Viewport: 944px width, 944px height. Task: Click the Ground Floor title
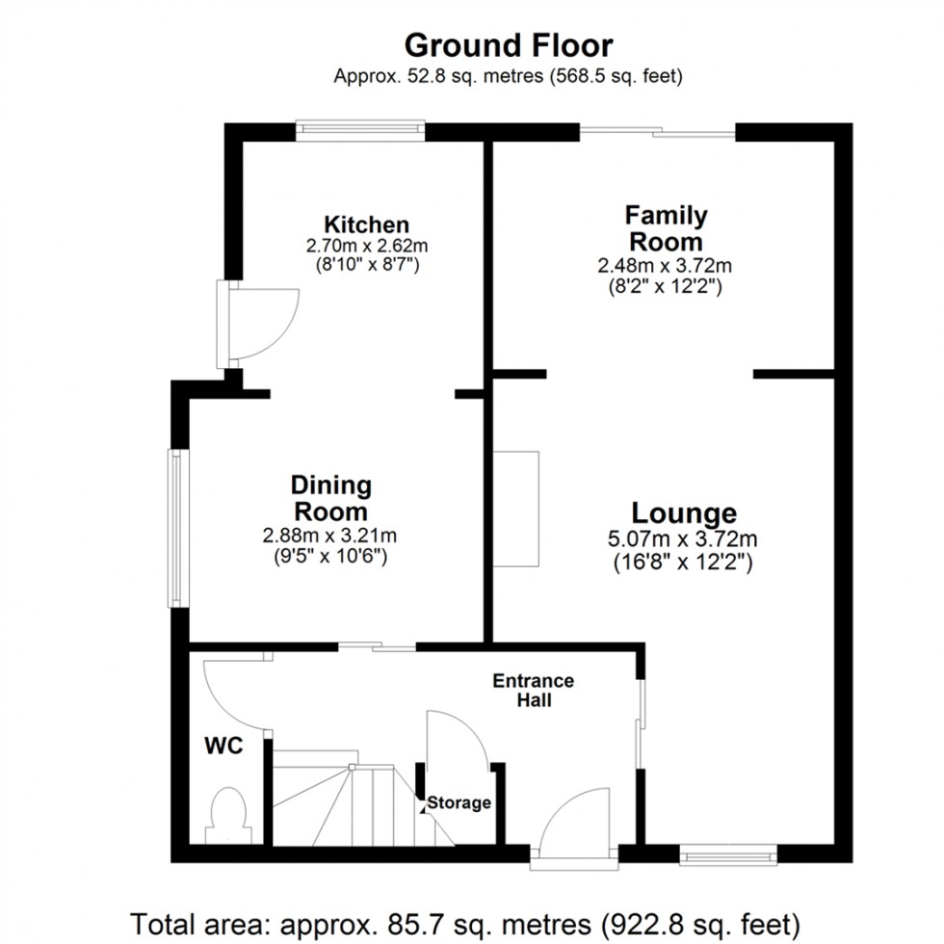(x=508, y=45)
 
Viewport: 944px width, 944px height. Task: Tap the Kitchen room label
(x=366, y=224)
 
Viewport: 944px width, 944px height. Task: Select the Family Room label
(x=665, y=228)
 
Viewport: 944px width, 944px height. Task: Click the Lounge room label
(x=684, y=513)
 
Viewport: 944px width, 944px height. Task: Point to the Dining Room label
(x=330, y=498)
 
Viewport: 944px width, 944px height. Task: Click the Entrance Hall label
(x=533, y=690)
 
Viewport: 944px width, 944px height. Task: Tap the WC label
(x=223, y=745)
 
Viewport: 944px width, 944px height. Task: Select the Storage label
(x=459, y=802)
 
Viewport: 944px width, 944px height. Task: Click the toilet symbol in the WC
(x=229, y=811)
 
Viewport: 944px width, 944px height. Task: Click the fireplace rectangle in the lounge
(x=516, y=509)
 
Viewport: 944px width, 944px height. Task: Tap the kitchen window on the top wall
(x=360, y=131)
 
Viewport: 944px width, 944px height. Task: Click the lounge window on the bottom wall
(x=727, y=852)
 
